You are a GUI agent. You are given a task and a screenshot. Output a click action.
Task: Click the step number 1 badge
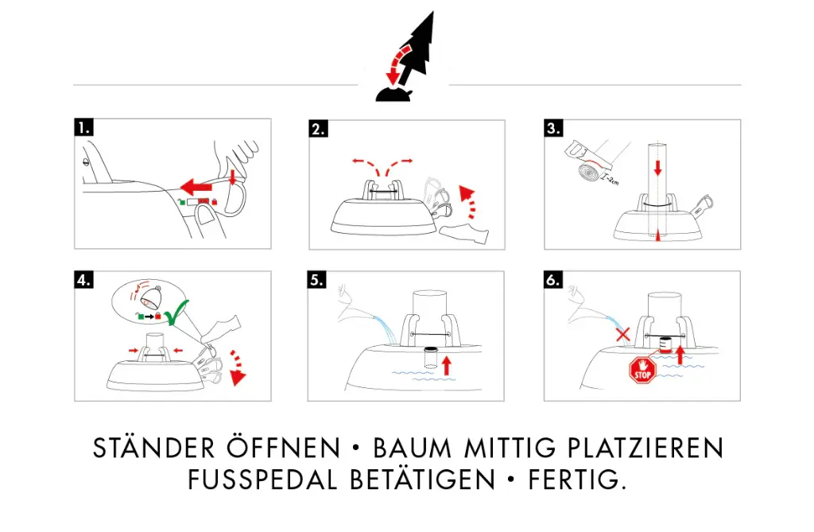(84, 127)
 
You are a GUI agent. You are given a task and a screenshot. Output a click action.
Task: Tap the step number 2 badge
(318, 129)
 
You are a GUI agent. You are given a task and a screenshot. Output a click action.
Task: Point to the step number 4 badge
(84, 280)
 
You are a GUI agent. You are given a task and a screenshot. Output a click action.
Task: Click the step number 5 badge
(318, 280)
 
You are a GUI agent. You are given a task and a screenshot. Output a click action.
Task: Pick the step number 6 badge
(554, 280)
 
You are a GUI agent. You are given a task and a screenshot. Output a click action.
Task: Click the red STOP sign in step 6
(642, 371)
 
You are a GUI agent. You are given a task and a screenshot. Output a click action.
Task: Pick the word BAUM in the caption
(416, 449)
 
